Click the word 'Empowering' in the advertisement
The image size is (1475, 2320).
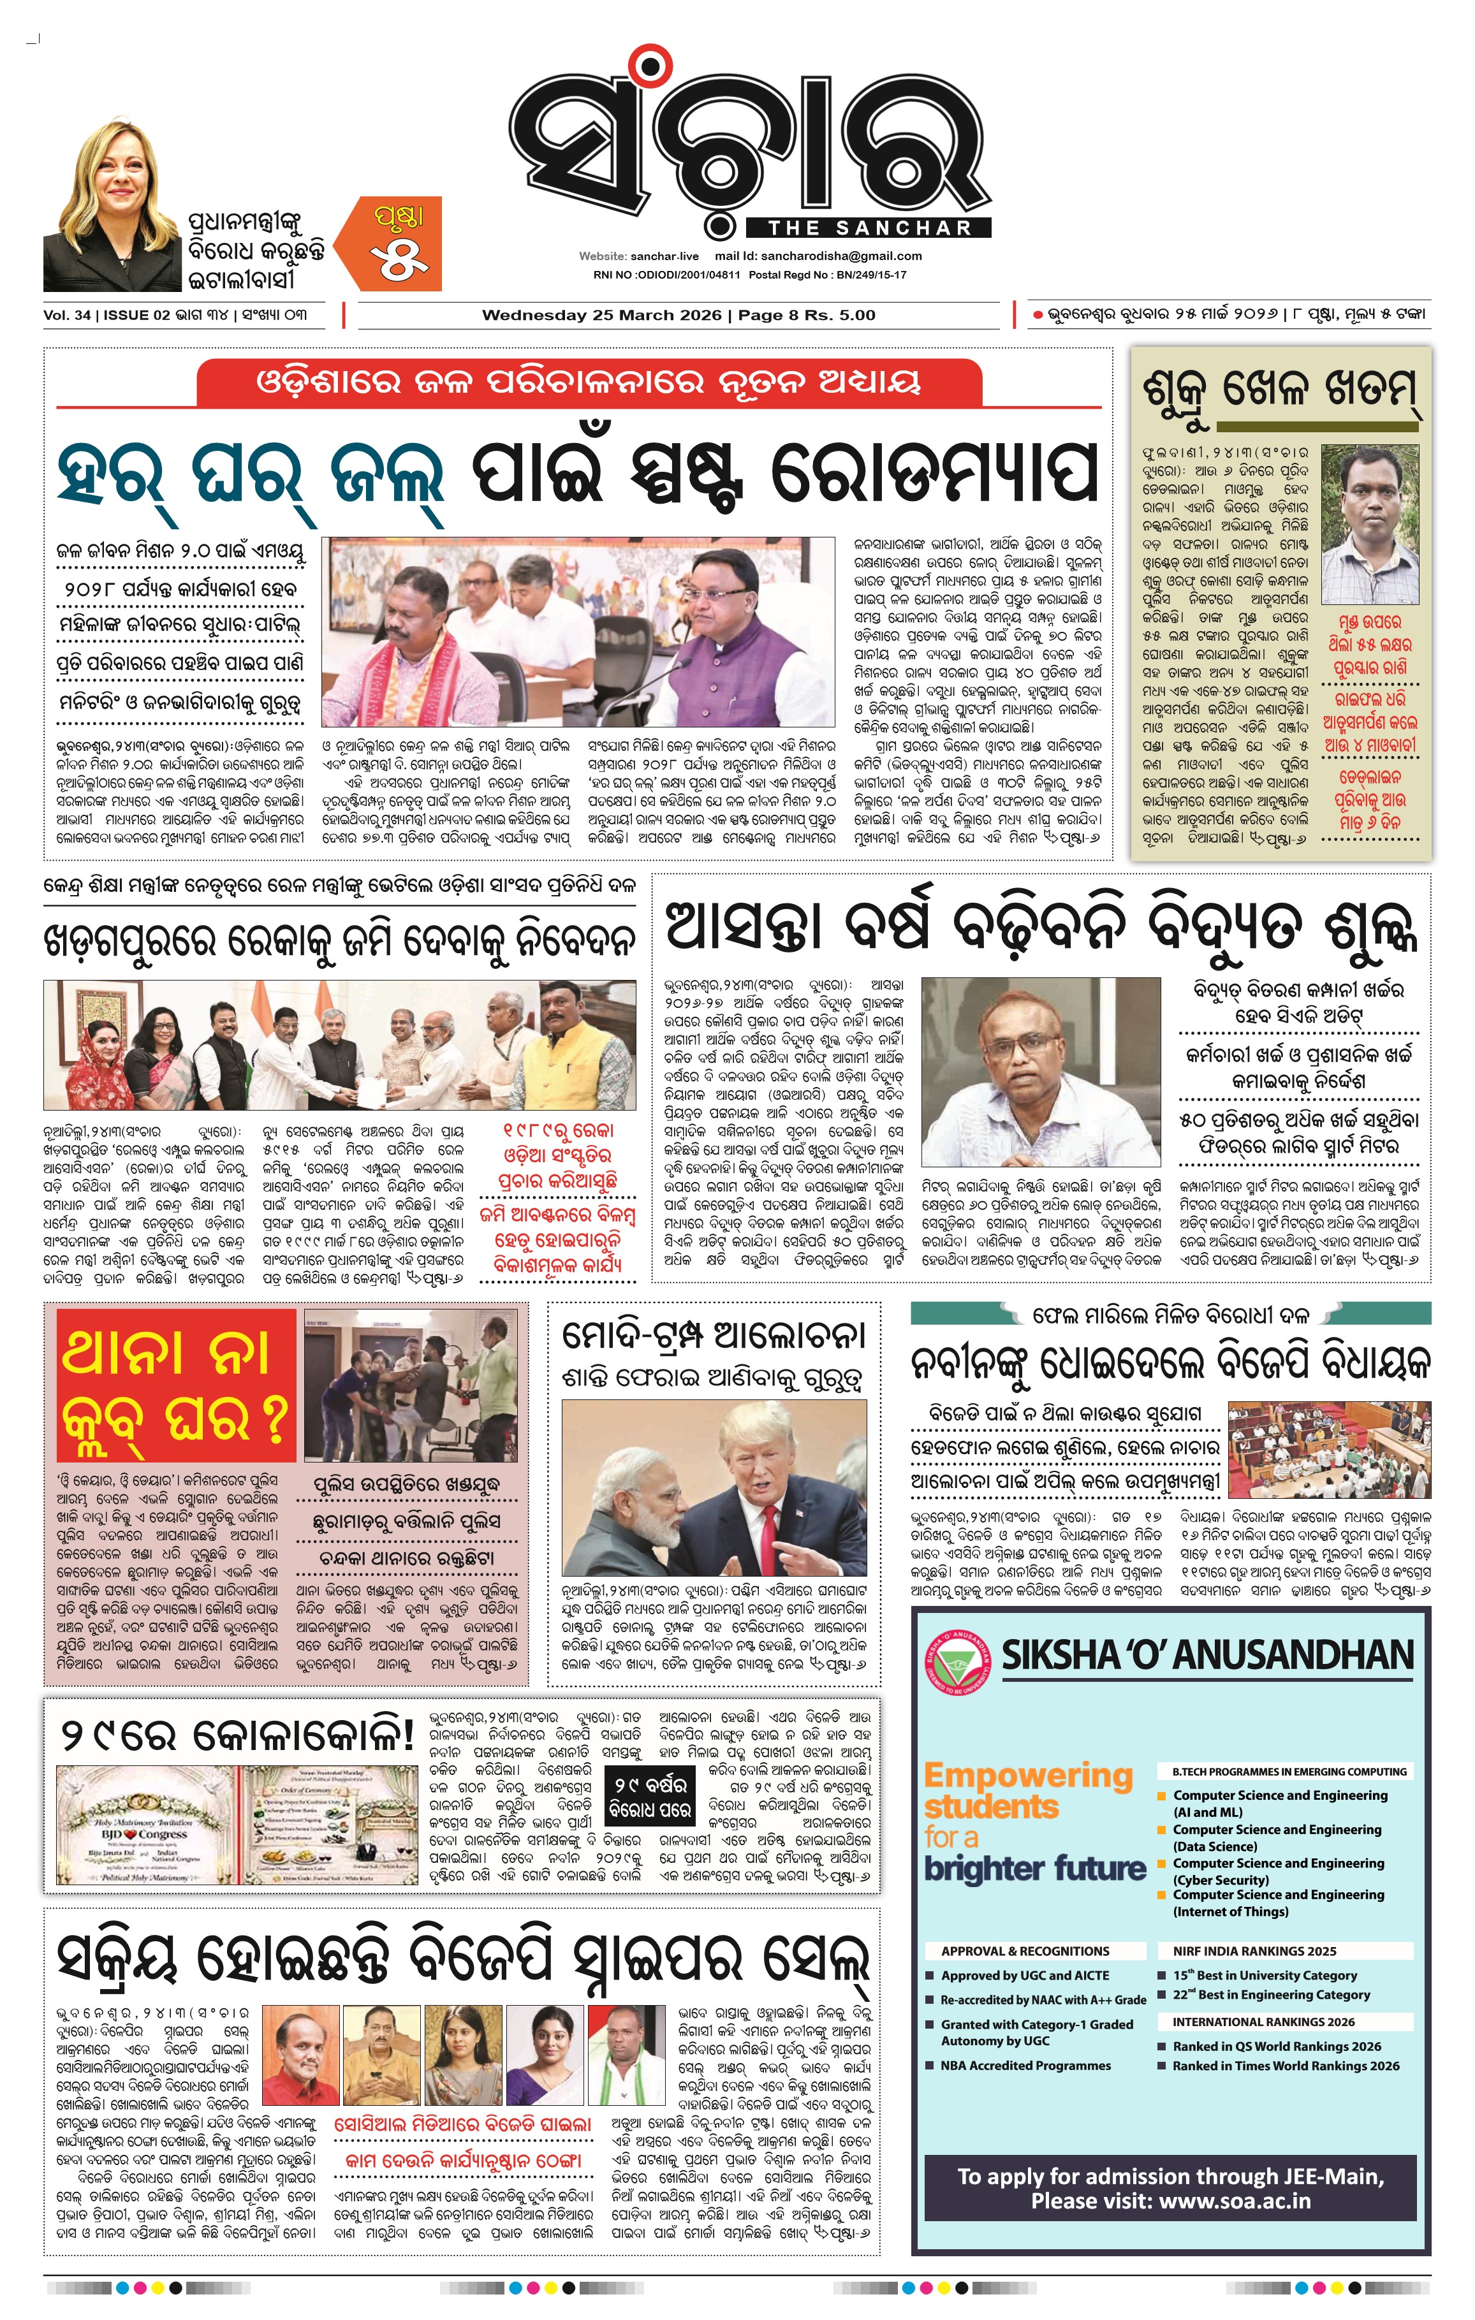tap(1027, 1776)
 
